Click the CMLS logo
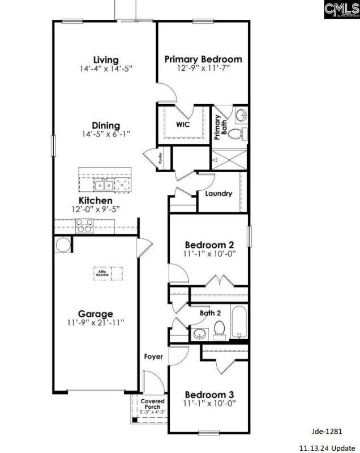[x=342, y=10]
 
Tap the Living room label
[x=106, y=59]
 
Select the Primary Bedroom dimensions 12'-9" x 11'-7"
[x=203, y=68]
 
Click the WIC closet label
[x=182, y=123]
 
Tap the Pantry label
[x=161, y=157]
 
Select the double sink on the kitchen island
[x=104, y=184]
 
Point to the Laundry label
[x=218, y=193]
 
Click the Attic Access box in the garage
[x=102, y=272]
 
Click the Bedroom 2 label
[x=209, y=245]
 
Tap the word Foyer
[x=153, y=357]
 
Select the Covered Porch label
[x=153, y=404]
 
